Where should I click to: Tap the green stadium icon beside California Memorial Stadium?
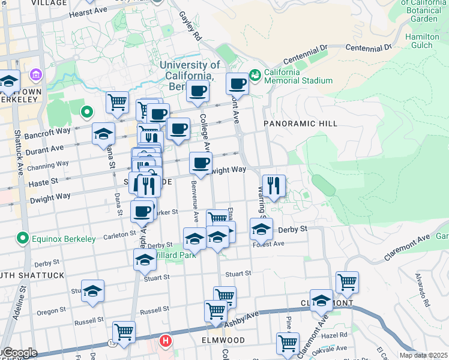click(x=256, y=74)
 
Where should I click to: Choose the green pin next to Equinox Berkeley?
click(x=23, y=239)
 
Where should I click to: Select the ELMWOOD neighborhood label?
click(x=223, y=340)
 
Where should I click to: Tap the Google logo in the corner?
click(x=19, y=353)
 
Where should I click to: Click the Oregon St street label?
click(x=51, y=311)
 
